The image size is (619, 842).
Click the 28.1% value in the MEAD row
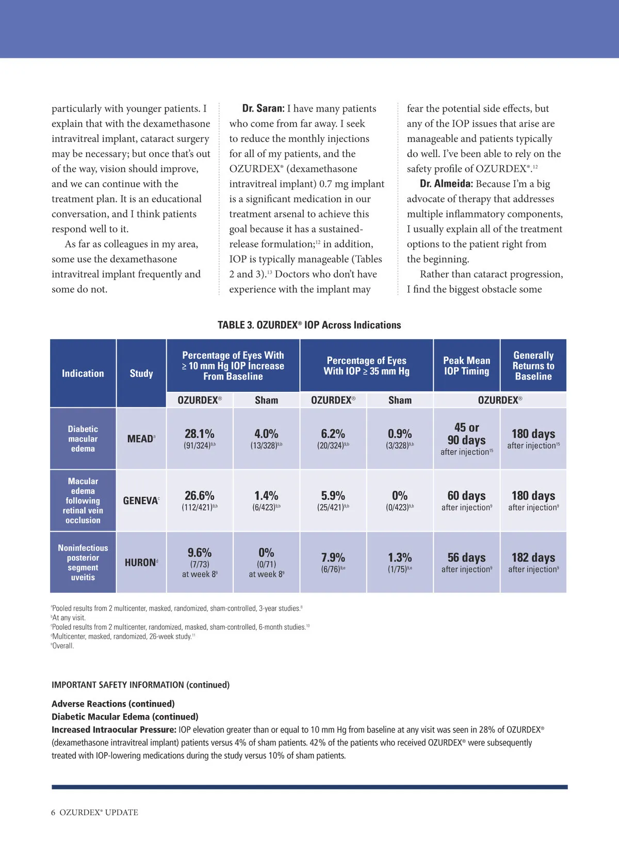[x=200, y=434]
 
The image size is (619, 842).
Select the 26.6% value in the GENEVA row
[x=200, y=496]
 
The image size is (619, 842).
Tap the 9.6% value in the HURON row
[x=200, y=552]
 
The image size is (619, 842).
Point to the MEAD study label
[x=140, y=439]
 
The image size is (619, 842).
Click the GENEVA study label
[x=140, y=501]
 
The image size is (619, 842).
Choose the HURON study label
[x=140, y=562]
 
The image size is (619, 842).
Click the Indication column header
[x=83, y=373]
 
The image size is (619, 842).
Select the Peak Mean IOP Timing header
[x=466, y=366]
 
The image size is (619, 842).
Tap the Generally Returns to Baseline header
[x=533, y=366]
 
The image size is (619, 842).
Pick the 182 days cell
[x=533, y=558]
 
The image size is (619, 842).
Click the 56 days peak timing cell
[x=466, y=558]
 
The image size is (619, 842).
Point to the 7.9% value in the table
[x=333, y=558]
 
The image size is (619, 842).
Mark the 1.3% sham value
[x=400, y=558]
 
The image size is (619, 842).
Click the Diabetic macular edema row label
[x=83, y=439]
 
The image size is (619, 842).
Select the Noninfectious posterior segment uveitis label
[x=83, y=562]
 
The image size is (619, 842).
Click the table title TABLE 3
[x=309, y=325]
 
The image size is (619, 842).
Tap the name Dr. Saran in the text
[x=263, y=108]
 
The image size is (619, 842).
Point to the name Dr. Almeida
[x=446, y=184]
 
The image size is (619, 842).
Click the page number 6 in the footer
[x=53, y=812]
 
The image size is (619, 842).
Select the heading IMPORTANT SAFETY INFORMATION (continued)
[x=140, y=685]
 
